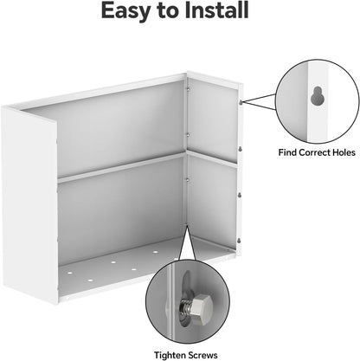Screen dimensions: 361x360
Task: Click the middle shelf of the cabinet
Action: (121, 169)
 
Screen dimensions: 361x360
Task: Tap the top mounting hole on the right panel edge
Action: (240, 100)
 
